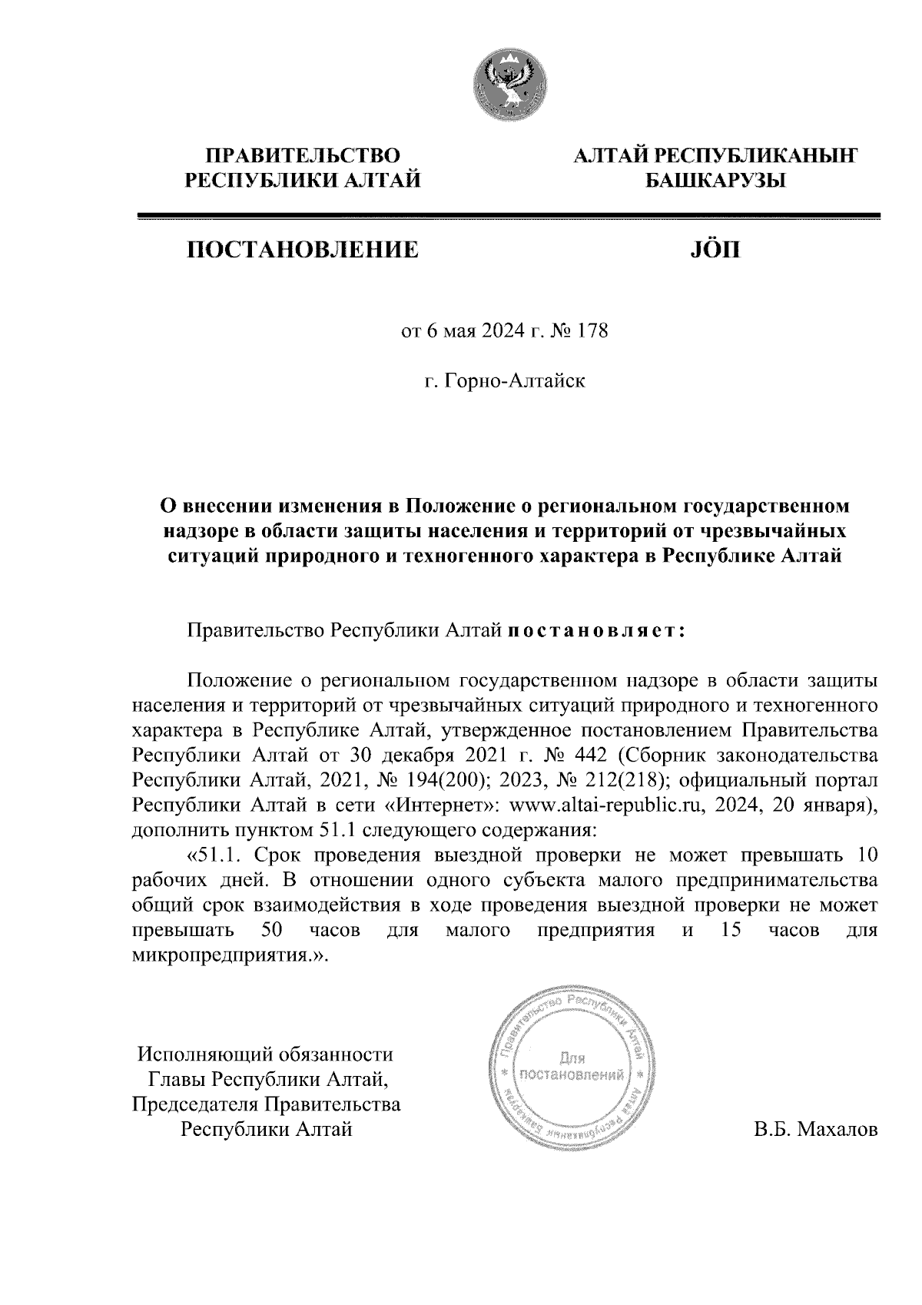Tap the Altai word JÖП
coord(710,250)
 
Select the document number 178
coord(592,332)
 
